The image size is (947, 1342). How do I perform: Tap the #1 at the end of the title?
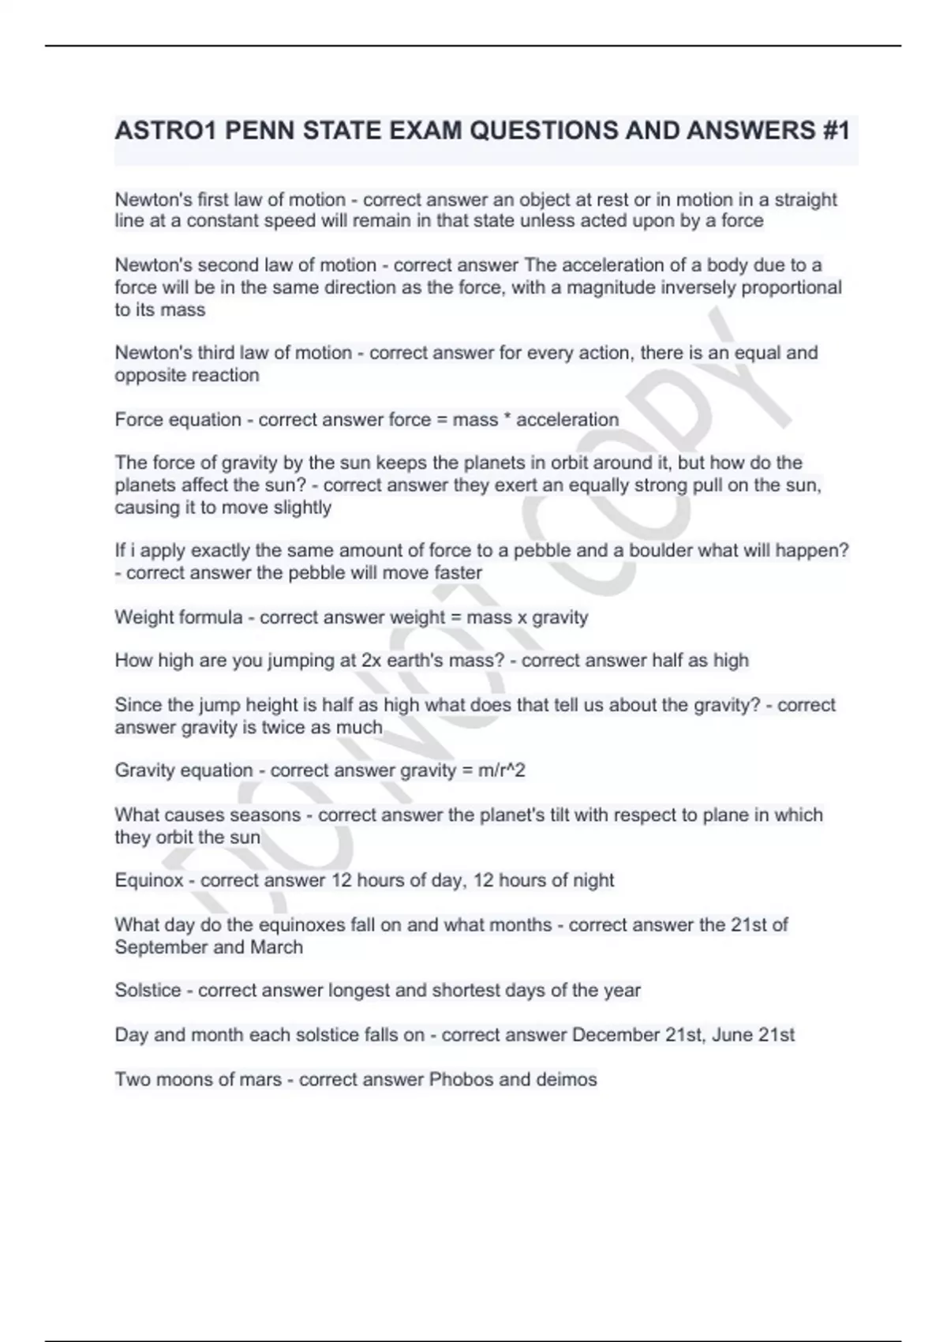pos(833,130)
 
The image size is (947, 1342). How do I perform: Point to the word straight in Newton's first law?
pos(806,200)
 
